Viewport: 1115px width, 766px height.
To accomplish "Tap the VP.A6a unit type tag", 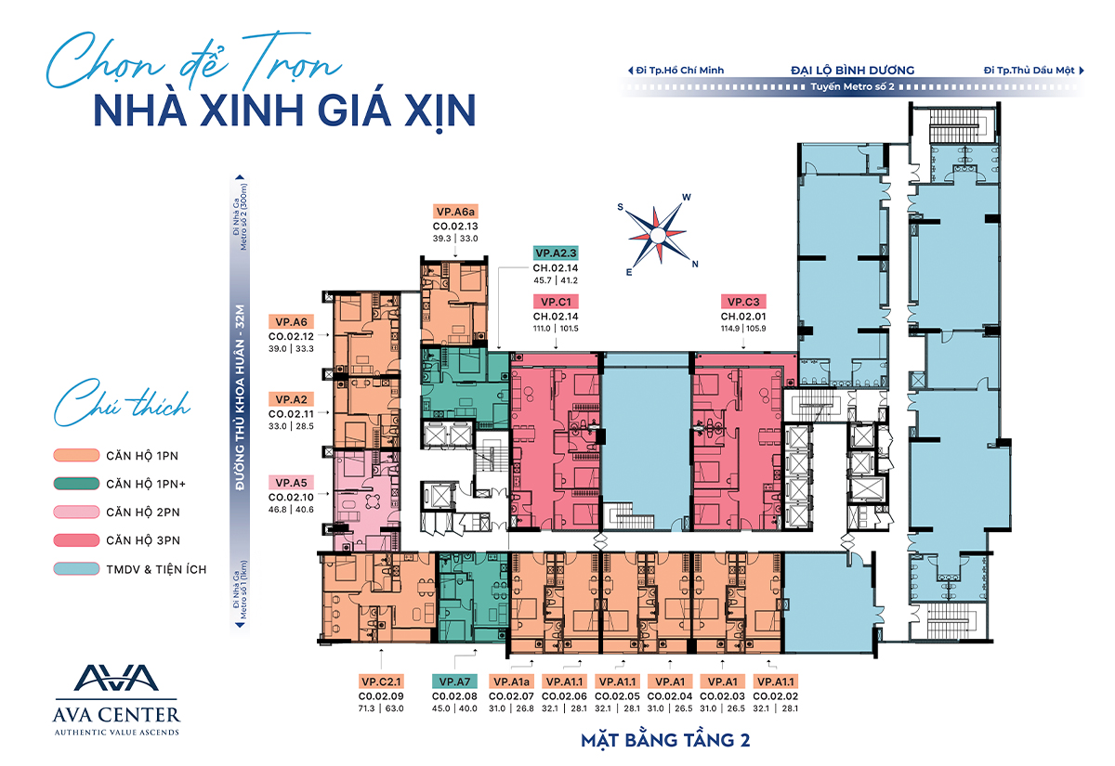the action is point(454,211).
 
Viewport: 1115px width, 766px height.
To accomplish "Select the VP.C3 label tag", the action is point(745,302).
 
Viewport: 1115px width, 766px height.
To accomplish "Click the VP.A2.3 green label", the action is point(556,253).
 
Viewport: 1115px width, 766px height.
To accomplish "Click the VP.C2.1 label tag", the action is point(381,681).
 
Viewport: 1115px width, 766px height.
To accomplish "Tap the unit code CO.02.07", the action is point(513,696).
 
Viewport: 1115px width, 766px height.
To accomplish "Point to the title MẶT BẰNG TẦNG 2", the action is point(665,740).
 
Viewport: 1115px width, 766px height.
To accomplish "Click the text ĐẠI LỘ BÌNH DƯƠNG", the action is point(852,70).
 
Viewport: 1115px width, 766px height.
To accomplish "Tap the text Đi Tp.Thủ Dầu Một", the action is point(1030,70).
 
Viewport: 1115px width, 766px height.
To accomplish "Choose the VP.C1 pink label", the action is point(556,302).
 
